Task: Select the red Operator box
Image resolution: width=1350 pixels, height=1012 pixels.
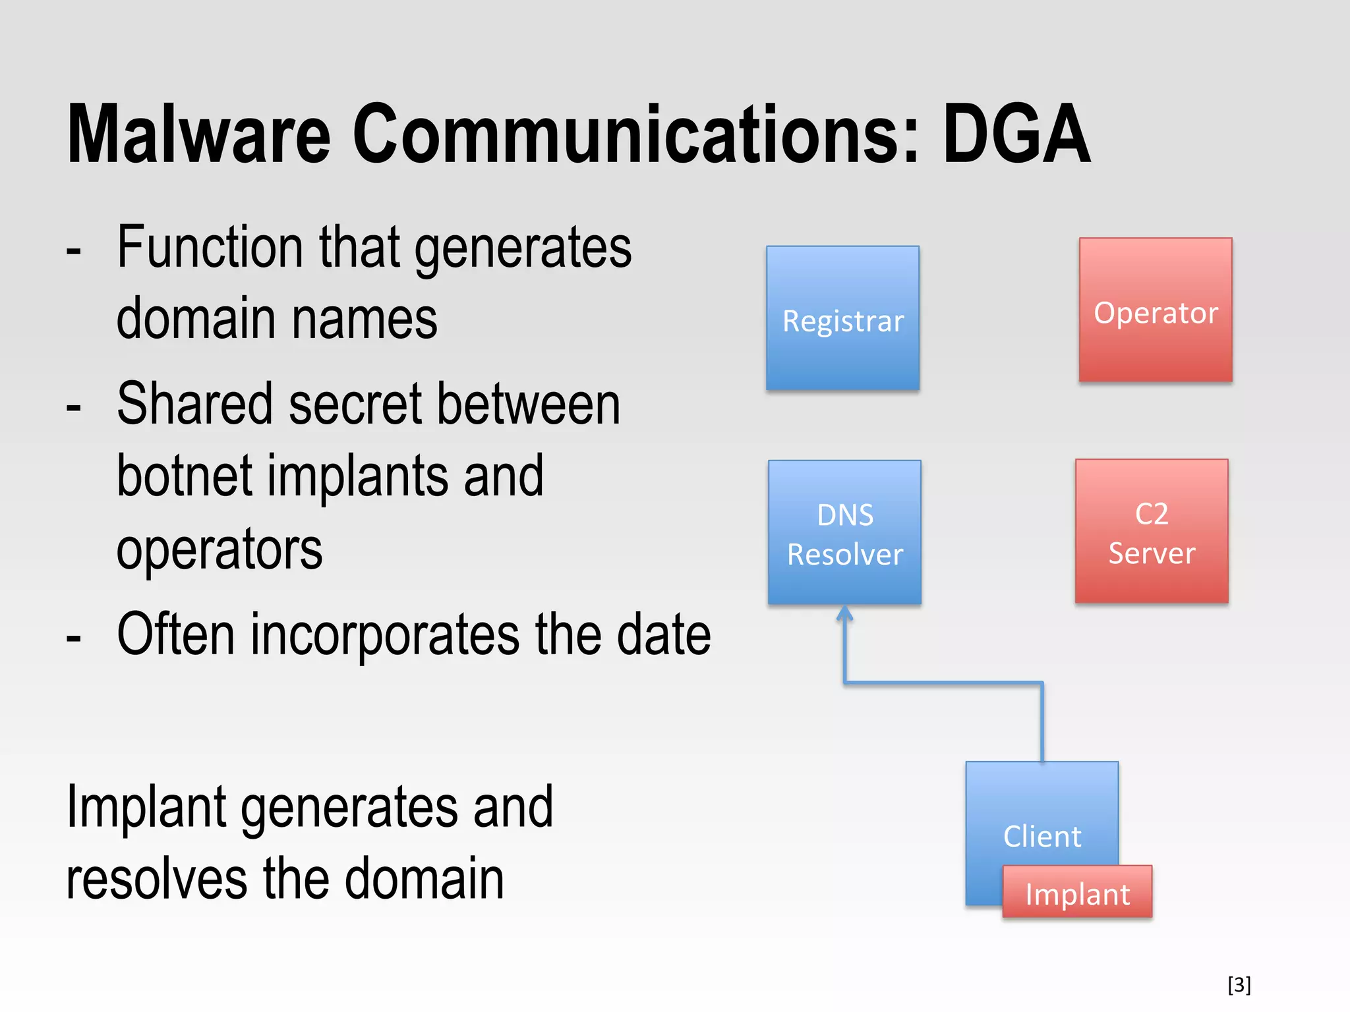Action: [x=1156, y=310]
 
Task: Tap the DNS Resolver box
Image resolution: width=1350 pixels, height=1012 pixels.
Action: [x=844, y=532]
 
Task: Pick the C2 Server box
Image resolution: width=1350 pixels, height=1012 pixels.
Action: [x=1152, y=531]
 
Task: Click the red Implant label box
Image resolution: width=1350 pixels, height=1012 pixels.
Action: [x=1077, y=892]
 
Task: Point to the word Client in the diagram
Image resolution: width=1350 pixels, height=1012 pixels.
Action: [x=1042, y=836]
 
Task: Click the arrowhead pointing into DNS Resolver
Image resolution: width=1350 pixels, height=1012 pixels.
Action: [x=844, y=613]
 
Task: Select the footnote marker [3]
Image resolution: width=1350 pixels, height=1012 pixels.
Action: [x=1239, y=984]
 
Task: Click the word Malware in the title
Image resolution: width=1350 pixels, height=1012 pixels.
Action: [x=198, y=135]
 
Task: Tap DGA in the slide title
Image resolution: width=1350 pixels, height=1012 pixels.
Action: [x=1016, y=135]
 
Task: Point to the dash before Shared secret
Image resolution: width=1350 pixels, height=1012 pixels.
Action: [x=74, y=407]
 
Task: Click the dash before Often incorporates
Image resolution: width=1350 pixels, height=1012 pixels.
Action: [x=74, y=636]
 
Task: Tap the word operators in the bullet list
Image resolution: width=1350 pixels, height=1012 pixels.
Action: [x=220, y=551]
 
